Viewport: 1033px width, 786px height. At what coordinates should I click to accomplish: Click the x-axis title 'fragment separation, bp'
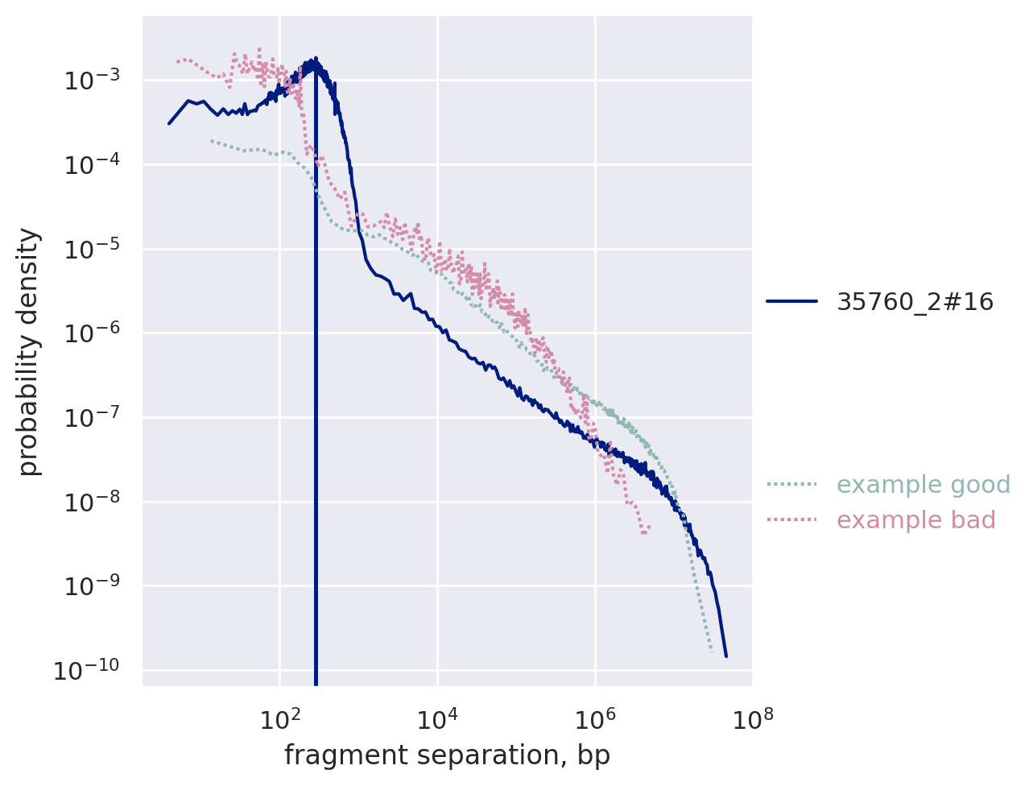447,755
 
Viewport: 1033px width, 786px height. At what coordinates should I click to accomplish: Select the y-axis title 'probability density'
29,351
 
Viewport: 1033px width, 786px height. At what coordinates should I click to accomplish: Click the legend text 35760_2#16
915,302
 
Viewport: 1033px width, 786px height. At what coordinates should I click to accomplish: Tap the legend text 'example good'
924,485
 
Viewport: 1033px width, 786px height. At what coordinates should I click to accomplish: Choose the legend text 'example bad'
916,520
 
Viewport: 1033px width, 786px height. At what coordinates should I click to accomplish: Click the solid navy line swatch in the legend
791,302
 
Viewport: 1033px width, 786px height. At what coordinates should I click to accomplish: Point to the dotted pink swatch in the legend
791,520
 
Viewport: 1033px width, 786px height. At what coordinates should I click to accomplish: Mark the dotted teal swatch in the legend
791,485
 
